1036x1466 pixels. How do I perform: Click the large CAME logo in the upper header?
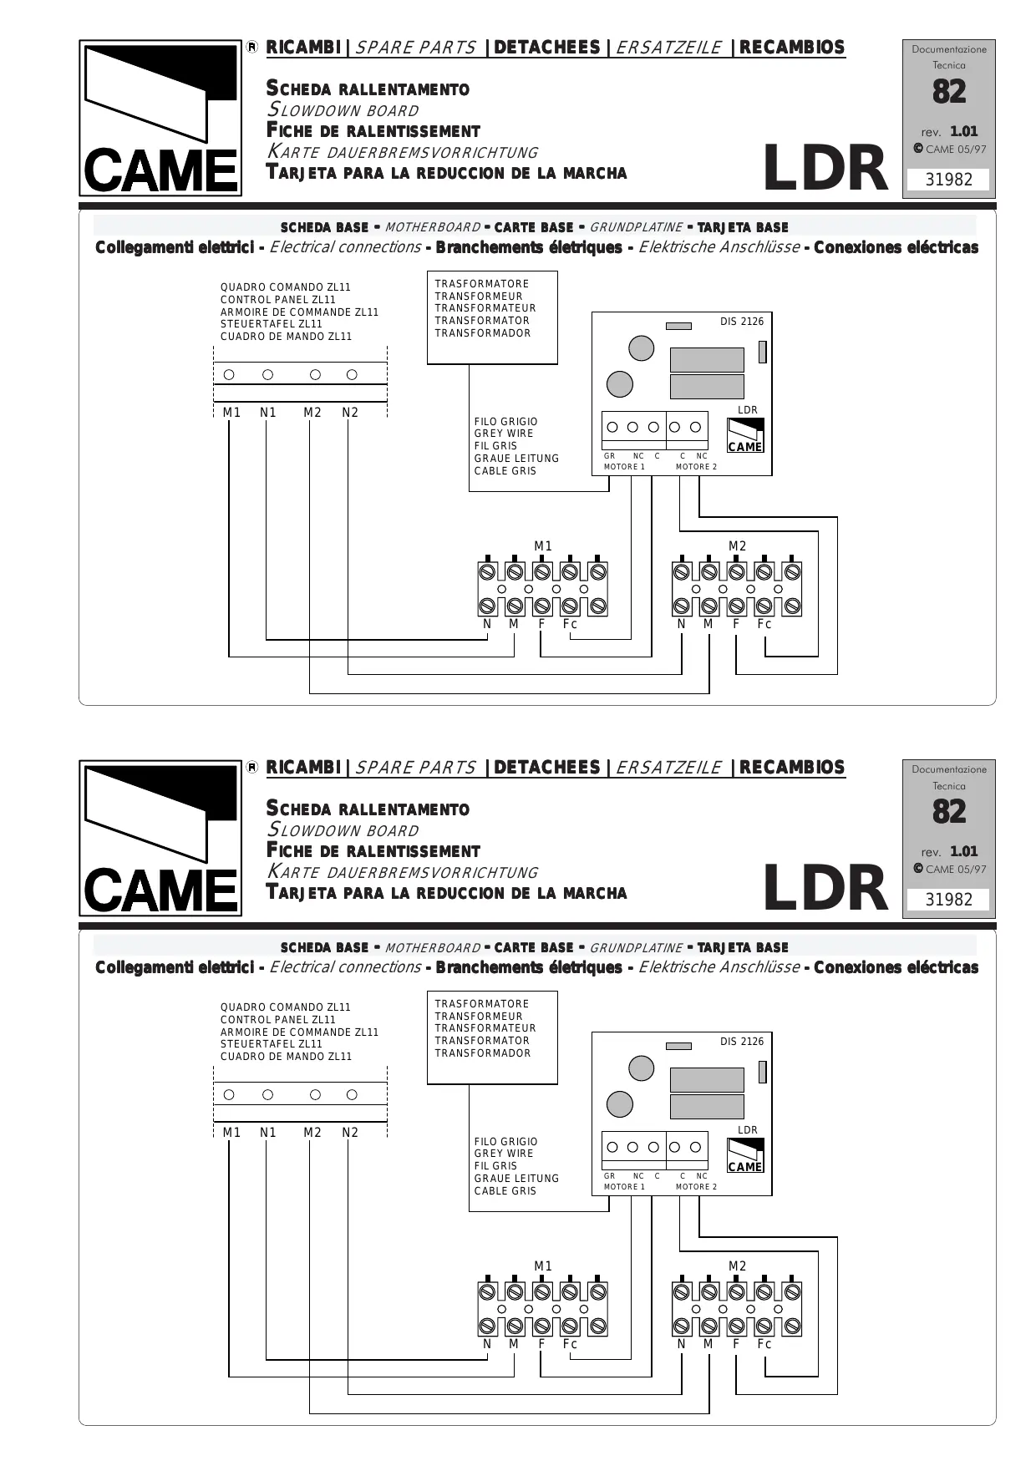[x=160, y=119]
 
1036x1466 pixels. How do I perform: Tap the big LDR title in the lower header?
[x=825, y=889]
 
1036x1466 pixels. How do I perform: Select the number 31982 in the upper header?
[x=949, y=180]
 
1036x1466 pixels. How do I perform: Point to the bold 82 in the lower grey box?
[x=949, y=812]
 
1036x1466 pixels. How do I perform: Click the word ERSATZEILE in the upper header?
[x=668, y=48]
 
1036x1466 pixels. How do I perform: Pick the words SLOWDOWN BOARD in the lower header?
[x=343, y=830]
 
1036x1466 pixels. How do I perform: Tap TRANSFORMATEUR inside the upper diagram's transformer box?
[x=485, y=308]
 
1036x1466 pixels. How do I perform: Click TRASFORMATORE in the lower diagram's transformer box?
[x=482, y=1004]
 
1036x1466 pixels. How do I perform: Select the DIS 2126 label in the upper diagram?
[x=742, y=322]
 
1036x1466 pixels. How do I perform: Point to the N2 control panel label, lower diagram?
[x=350, y=1133]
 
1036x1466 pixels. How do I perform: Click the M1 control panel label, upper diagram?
[x=231, y=413]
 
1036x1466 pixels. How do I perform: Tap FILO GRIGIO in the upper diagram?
[x=505, y=422]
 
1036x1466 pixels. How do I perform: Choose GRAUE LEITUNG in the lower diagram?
[x=516, y=1179]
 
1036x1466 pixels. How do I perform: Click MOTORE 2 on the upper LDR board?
[x=696, y=467]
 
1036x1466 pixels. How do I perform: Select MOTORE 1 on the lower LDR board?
[x=624, y=1187]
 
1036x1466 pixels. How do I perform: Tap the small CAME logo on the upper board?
[x=745, y=436]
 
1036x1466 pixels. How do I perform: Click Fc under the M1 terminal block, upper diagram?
[x=570, y=624]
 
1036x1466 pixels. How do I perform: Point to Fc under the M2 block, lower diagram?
[x=764, y=1344]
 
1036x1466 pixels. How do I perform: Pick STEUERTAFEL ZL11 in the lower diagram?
[x=272, y=1044]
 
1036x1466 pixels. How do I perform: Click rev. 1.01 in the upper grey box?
[x=949, y=132]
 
